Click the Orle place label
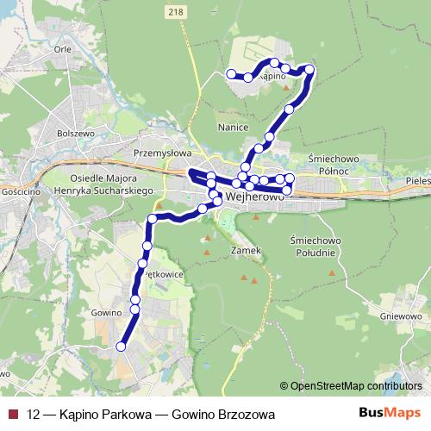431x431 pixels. (x=62, y=49)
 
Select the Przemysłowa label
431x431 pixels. (x=161, y=153)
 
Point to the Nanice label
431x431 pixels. (x=234, y=128)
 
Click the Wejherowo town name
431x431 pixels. (x=255, y=196)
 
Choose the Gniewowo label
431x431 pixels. (x=400, y=315)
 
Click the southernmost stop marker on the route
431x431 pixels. (x=121, y=347)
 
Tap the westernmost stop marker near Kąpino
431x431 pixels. (x=230, y=74)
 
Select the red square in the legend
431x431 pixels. (x=11, y=415)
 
